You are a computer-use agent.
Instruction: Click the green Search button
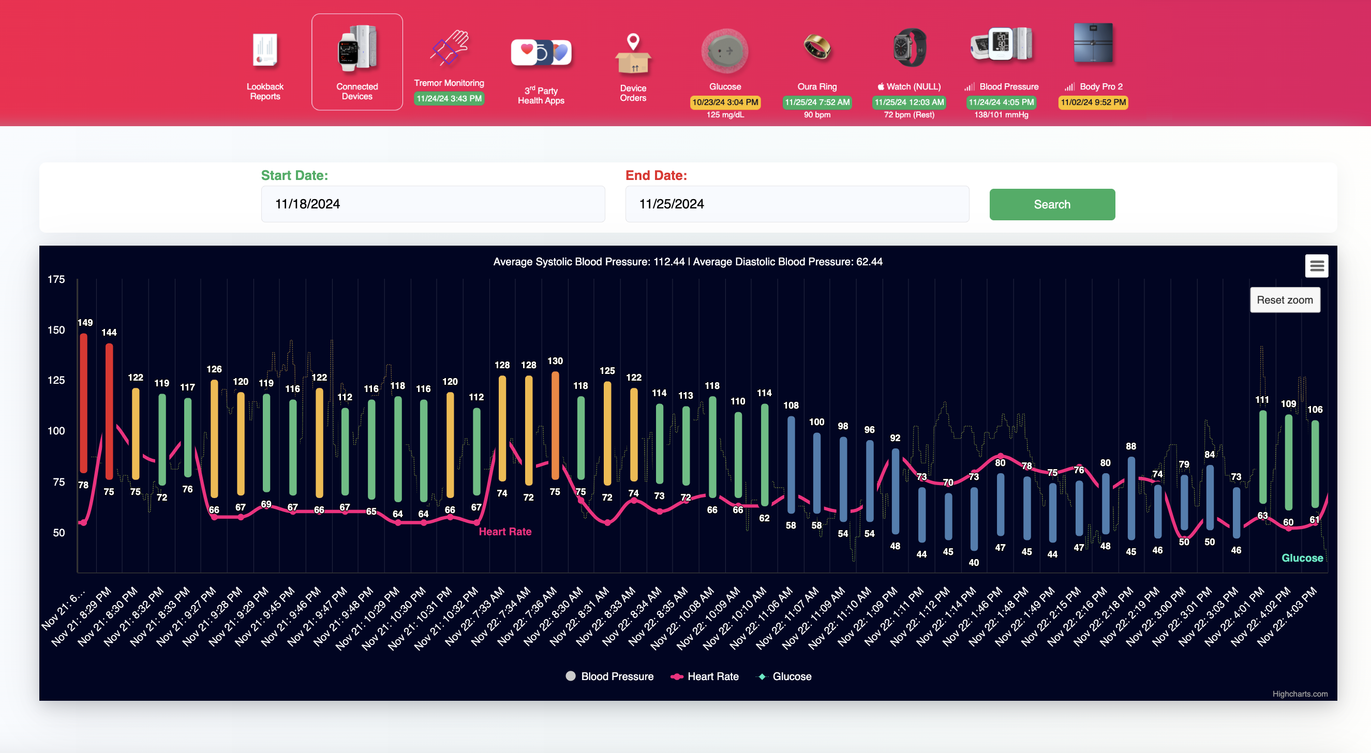pos(1052,204)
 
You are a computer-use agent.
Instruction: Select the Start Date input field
pos(432,204)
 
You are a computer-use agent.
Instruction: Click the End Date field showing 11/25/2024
pos(796,204)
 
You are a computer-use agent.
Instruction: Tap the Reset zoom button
pos(1284,300)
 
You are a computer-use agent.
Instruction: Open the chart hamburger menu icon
pos(1316,265)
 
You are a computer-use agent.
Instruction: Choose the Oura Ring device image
pos(816,48)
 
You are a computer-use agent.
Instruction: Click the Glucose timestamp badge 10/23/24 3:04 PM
pos(725,102)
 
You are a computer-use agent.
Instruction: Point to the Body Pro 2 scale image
pos(1093,43)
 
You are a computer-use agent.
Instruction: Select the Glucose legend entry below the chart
pos(784,676)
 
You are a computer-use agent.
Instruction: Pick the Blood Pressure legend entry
pos(610,676)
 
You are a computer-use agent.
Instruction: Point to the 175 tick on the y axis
pos(56,279)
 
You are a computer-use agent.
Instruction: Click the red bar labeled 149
pos(84,403)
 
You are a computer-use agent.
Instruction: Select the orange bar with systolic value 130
pos(555,425)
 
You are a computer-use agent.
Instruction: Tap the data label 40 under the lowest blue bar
pos(974,563)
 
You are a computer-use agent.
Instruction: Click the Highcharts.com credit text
pos(1299,694)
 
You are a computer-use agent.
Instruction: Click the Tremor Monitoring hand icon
pos(449,49)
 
